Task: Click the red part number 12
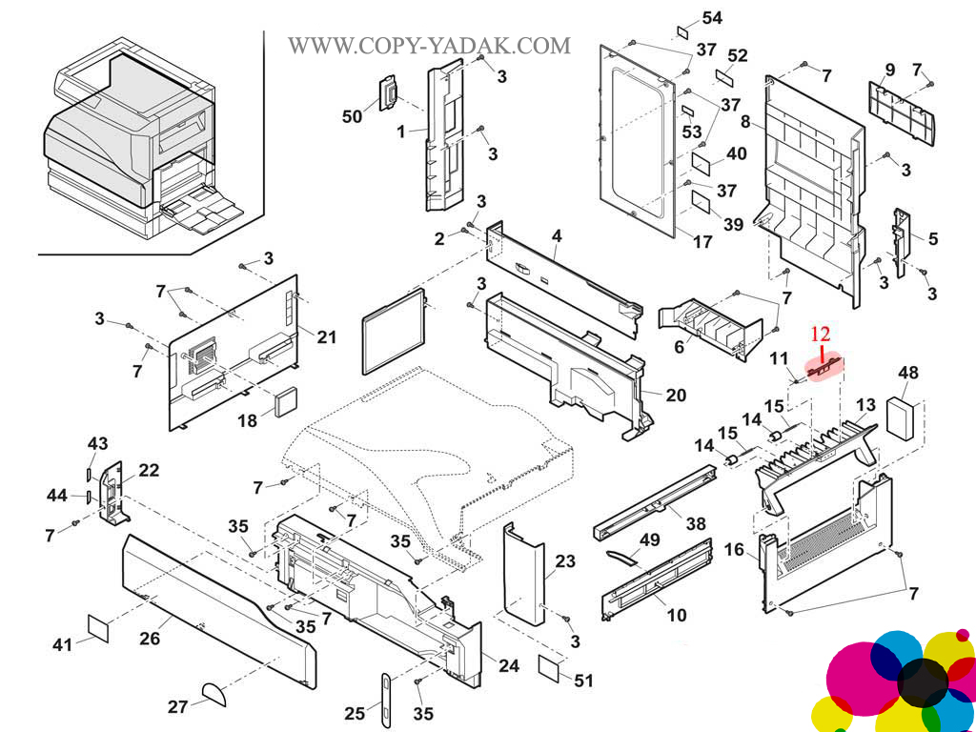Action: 821,334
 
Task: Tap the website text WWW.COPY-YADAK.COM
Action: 430,45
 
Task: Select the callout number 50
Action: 353,116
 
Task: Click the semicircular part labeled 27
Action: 213,691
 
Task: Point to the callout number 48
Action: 908,373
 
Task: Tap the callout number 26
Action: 150,638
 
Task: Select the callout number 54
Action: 712,18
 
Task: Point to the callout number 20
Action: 676,395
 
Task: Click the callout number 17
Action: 702,242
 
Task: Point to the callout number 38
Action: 696,522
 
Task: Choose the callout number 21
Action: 327,336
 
